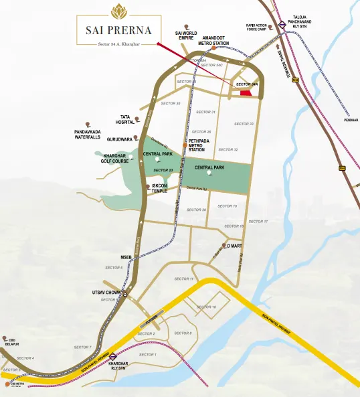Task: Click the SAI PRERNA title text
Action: pyautogui.click(x=118, y=31)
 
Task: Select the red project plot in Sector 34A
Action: pyautogui.click(x=247, y=92)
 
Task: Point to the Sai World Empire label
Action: pyautogui.click(x=187, y=35)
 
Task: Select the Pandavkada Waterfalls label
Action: pyautogui.click(x=88, y=135)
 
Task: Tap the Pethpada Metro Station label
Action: pyautogui.click(x=199, y=145)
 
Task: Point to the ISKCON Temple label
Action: pyautogui.click(x=159, y=189)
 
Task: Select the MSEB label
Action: pyautogui.click(x=126, y=256)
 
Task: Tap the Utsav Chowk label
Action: pyautogui.click(x=105, y=293)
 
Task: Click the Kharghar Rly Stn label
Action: pyautogui.click(x=118, y=366)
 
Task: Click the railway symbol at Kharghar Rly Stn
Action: pyautogui.click(x=114, y=356)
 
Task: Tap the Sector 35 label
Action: pyautogui.click(x=171, y=104)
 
